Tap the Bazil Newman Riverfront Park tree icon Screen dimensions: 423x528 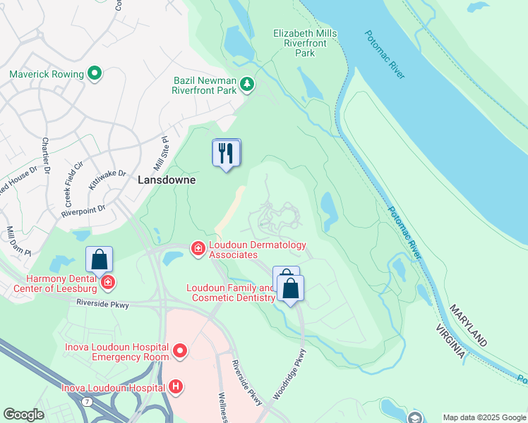(x=246, y=85)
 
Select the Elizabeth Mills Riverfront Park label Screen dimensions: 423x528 (x=305, y=43)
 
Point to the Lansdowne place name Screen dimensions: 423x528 (x=166, y=180)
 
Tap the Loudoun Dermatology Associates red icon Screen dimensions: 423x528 (x=198, y=247)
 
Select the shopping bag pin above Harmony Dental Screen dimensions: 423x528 (x=99, y=259)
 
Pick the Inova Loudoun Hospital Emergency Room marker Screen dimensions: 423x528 (x=180, y=350)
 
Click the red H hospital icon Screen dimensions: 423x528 (x=176, y=386)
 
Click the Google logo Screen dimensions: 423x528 (x=24, y=415)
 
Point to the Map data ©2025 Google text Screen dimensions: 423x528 (x=484, y=417)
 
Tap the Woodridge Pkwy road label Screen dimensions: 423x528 (x=289, y=374)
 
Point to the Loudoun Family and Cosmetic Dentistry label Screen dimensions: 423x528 (x=230, y=293)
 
